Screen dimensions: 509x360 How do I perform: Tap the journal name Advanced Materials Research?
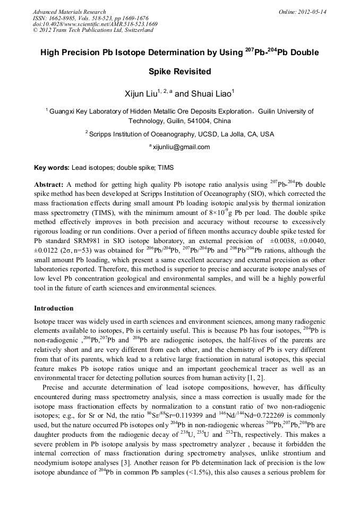tap(69, 12)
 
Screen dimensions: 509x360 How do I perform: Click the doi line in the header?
tap(95, 24)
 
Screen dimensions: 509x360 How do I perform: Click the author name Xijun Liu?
tap(141, 93)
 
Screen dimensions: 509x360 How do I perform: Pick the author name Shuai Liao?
tap(209, 93)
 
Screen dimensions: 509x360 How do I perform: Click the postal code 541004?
tap(191, 120)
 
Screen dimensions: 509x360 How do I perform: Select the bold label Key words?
tap(52, 167)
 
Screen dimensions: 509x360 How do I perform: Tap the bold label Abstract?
tap(49, 184)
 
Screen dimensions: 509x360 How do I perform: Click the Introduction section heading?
tap(54, 308)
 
